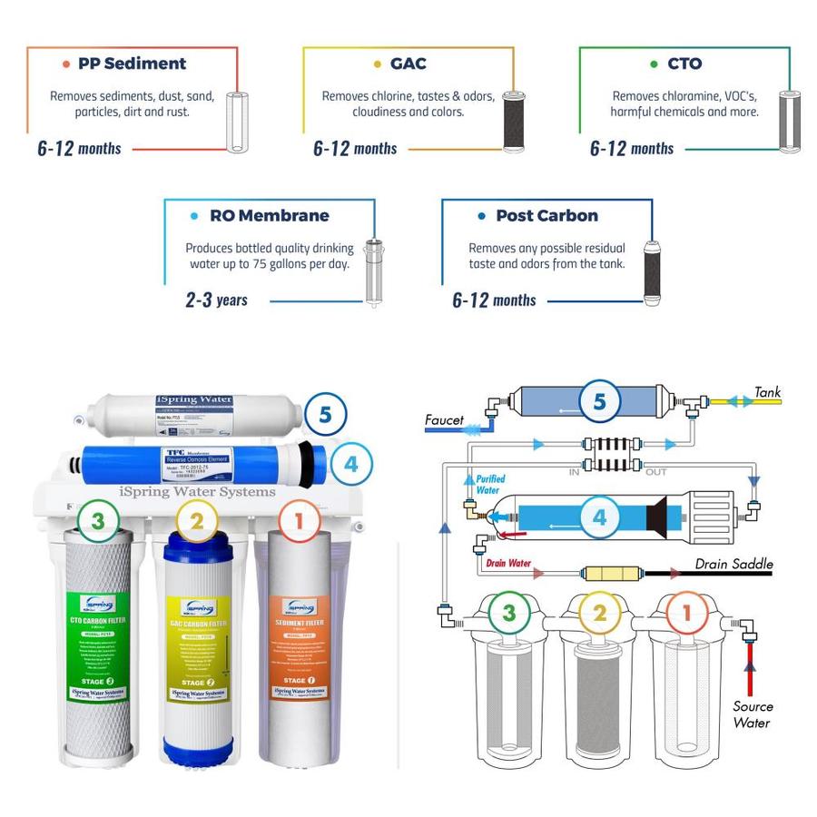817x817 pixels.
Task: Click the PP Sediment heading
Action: coord(132,64)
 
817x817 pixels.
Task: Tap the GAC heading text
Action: coord(408,64)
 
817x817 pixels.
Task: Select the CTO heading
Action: coord(684,64)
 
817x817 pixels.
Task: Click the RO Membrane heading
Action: coord(269,216)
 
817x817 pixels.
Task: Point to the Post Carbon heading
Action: coord(546,216)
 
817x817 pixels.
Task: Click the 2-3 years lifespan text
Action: coord(216,300)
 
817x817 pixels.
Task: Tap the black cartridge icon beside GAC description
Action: coord(515,120)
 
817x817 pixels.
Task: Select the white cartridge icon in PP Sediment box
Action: coord(237,122)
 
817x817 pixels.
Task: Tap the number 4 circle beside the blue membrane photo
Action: coord(350,465)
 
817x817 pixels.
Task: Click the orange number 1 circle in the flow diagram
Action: coord(687,613)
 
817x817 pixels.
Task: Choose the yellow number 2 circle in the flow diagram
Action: coord(599,614)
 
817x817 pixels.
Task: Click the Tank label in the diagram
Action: coord(767,392)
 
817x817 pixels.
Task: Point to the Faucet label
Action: coord(444,420)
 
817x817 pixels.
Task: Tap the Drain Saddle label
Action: coord(733,564)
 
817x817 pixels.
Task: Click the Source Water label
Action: coord(753,714)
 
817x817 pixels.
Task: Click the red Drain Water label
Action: coord(507,563)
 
